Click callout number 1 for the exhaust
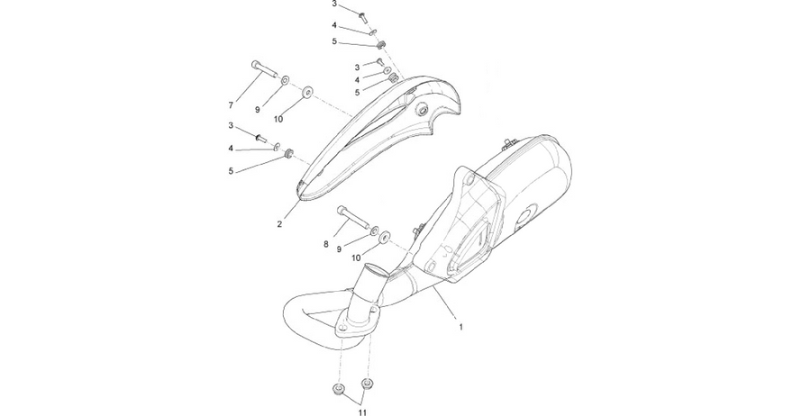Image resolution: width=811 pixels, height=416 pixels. coord(460,327)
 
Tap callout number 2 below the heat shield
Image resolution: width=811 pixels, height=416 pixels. coord(279,224)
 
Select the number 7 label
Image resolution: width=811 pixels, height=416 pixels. coord(231,105)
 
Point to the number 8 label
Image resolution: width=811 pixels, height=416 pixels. coord(326,244)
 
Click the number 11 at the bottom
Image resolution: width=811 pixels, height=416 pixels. coord(362,411)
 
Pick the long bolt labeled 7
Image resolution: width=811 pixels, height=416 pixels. coord(263,69)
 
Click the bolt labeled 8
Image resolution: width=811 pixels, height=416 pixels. coord(353,218)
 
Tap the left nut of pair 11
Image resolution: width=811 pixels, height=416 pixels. coord(339,389)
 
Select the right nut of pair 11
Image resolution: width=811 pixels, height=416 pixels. coord(367,384)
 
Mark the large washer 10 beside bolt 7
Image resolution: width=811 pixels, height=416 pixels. coord(308,92)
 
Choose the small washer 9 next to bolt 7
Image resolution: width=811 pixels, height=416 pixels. coord(285,81)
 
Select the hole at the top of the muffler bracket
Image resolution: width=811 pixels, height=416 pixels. coord(469,179)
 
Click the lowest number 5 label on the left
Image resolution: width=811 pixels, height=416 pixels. coord(231,171)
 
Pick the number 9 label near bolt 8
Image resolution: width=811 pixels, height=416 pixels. coord(340,249)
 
